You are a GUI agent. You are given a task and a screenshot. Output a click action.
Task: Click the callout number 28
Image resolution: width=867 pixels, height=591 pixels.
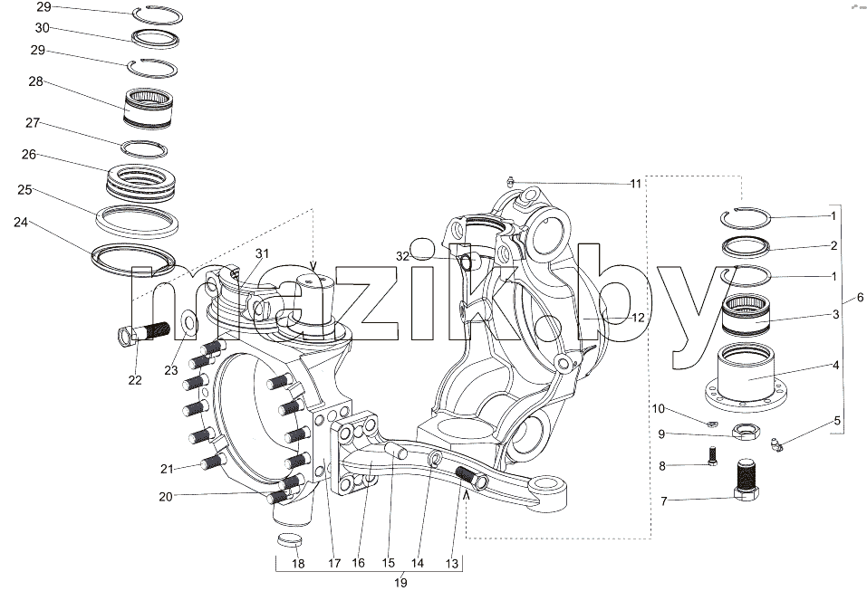pyautogui.click(x=35, y=81)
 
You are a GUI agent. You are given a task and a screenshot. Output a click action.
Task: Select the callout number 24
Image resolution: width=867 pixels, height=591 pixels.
pyautogui.click(x=21, y=223)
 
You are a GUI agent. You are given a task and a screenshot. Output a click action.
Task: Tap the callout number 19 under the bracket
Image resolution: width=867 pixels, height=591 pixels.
pyautogui.click(x=400, y=582)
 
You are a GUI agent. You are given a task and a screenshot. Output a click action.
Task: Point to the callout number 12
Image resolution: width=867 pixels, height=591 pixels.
pyautogui.click(x=638, y=318)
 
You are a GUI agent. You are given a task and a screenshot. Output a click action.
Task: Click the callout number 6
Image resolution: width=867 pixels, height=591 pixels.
pyautogui.click(x=861, y=297)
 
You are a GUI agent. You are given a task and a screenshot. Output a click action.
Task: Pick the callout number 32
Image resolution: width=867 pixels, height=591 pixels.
pyautogui.click(x=402, y=256)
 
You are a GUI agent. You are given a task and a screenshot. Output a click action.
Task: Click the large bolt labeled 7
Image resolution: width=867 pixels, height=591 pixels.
pyautogui.click(x=747, y=481)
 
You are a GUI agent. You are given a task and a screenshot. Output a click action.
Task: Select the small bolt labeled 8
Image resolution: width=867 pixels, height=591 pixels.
pyautogui.click(x=712, y=456)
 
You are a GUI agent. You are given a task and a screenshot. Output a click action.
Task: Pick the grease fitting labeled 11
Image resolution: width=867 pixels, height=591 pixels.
pyautogui.click(x=511, y=181)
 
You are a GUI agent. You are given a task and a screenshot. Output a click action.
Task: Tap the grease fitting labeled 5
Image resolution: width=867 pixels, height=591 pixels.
pyautogui.click(x=775, y=444)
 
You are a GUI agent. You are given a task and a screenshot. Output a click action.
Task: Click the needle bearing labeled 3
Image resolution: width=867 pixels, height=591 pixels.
pyautogui.click(x=747, y=315)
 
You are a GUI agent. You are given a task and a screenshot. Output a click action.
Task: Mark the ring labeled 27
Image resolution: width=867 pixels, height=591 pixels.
pyautogui.click(x=144, y=148)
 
